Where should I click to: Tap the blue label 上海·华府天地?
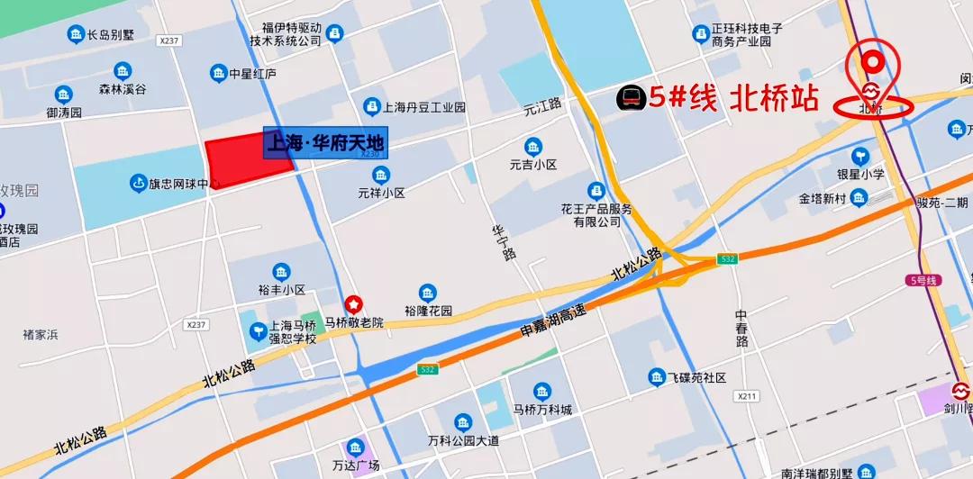click(325, 142)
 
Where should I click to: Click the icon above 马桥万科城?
click(541, 391)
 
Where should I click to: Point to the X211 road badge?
click(746, 396)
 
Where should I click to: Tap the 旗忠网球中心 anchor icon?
click(138, 184)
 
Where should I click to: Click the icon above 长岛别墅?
click(76, 34)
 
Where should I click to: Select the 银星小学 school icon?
click(859, 156)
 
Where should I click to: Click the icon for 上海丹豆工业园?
click(370, 106)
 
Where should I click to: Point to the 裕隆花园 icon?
click(427, 293)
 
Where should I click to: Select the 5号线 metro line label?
click(923, 281)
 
